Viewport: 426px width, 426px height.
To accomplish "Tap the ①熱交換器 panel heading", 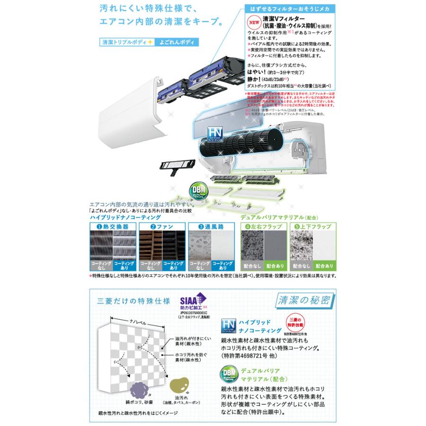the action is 112,227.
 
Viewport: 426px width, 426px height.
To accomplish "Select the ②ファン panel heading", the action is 161,227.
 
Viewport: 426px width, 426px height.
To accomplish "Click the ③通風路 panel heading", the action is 211,227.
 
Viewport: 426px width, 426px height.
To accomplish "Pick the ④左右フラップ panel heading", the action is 263,227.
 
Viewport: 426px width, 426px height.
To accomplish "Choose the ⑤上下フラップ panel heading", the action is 312,227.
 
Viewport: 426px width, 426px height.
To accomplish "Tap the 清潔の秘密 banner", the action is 305,300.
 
